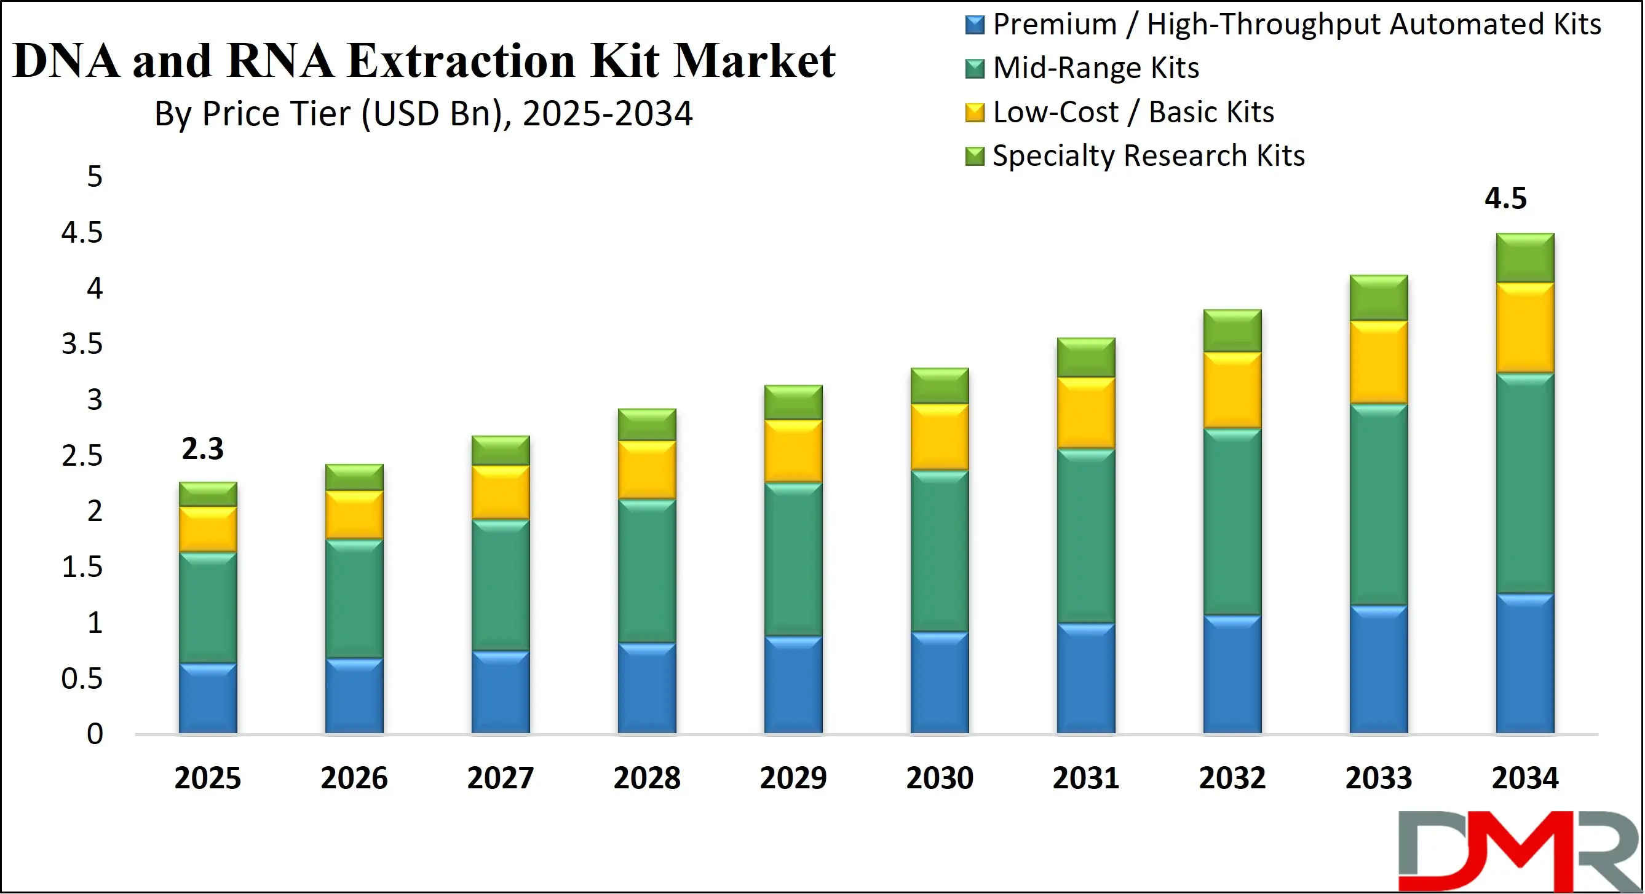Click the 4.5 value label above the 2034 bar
(1505, 198)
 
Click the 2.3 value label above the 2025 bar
(202, 449)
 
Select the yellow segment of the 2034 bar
(1525, 327)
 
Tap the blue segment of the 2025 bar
(207, 698)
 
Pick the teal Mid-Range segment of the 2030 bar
(940, 551)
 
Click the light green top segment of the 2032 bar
(1232, 331)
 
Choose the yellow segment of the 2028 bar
(647, 469)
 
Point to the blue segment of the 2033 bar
(1379, 669)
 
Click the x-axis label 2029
(793, 778)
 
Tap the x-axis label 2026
(354, 778)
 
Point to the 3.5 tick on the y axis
(82, 344)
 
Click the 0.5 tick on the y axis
(82, 678)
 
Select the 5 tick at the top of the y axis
(95, 176)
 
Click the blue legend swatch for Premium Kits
(975, 25)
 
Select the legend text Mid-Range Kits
(1096, 68)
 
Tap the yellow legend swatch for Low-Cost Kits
(975, 112)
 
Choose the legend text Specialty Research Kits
(1148, 155)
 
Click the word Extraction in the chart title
(461, 61)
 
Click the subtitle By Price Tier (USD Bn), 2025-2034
(423, 114)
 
